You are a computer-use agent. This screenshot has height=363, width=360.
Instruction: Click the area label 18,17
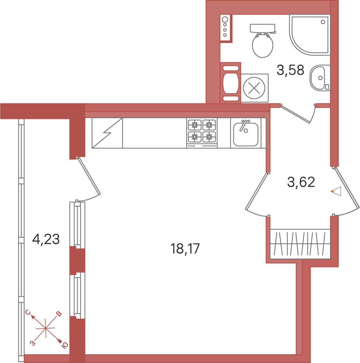(185, 249)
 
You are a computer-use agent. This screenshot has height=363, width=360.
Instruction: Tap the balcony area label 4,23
(46, 239)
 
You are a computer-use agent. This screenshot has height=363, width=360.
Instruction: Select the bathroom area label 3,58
(290, 70)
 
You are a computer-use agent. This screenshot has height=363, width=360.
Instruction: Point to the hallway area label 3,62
(301, 182)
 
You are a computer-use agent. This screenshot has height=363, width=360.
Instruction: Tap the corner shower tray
(309, 35)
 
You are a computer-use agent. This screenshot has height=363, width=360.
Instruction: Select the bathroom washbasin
(320, 78)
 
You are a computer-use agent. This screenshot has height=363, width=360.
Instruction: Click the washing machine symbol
(254, 88)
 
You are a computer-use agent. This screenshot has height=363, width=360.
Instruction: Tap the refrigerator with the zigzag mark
(107, 133)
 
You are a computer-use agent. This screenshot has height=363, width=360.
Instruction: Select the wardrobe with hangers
(300, 244)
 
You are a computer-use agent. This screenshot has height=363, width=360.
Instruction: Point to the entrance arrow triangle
(336, 192)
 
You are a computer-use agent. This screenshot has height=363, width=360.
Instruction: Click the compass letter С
(28, 312)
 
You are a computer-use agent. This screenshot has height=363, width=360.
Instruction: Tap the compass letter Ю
(65, 345)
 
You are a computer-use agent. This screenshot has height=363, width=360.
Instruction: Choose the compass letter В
(59, 314)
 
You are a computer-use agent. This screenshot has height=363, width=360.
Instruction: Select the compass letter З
(33, 343)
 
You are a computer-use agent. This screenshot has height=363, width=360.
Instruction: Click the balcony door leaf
(89, 176)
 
